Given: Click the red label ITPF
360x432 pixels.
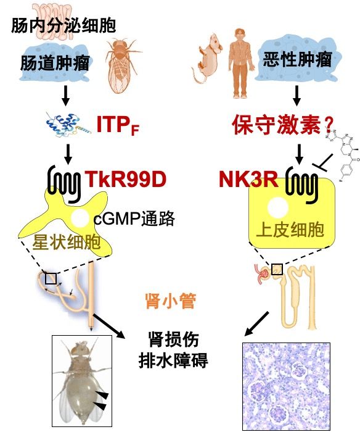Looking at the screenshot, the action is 118,125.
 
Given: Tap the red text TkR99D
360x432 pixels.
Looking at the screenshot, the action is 126,179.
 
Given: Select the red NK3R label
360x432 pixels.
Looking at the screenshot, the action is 248,179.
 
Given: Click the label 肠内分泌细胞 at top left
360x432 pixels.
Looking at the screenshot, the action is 63,26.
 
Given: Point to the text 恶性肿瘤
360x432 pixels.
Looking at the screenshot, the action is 297,59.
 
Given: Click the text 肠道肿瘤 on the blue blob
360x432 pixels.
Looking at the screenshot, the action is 55,63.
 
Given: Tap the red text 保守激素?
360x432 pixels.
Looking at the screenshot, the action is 283,125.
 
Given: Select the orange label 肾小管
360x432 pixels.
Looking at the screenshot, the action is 170,301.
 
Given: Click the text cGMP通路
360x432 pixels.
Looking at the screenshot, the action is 134,219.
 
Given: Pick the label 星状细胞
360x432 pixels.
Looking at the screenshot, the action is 67,243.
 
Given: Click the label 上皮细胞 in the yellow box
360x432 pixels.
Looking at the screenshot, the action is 290,230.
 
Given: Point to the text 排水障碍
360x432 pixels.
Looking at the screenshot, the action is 173,360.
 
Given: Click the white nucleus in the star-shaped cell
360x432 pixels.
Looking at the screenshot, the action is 80,218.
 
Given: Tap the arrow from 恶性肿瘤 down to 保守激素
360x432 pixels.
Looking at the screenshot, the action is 297,95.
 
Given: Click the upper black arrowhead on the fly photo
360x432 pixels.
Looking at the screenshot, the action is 103,394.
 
